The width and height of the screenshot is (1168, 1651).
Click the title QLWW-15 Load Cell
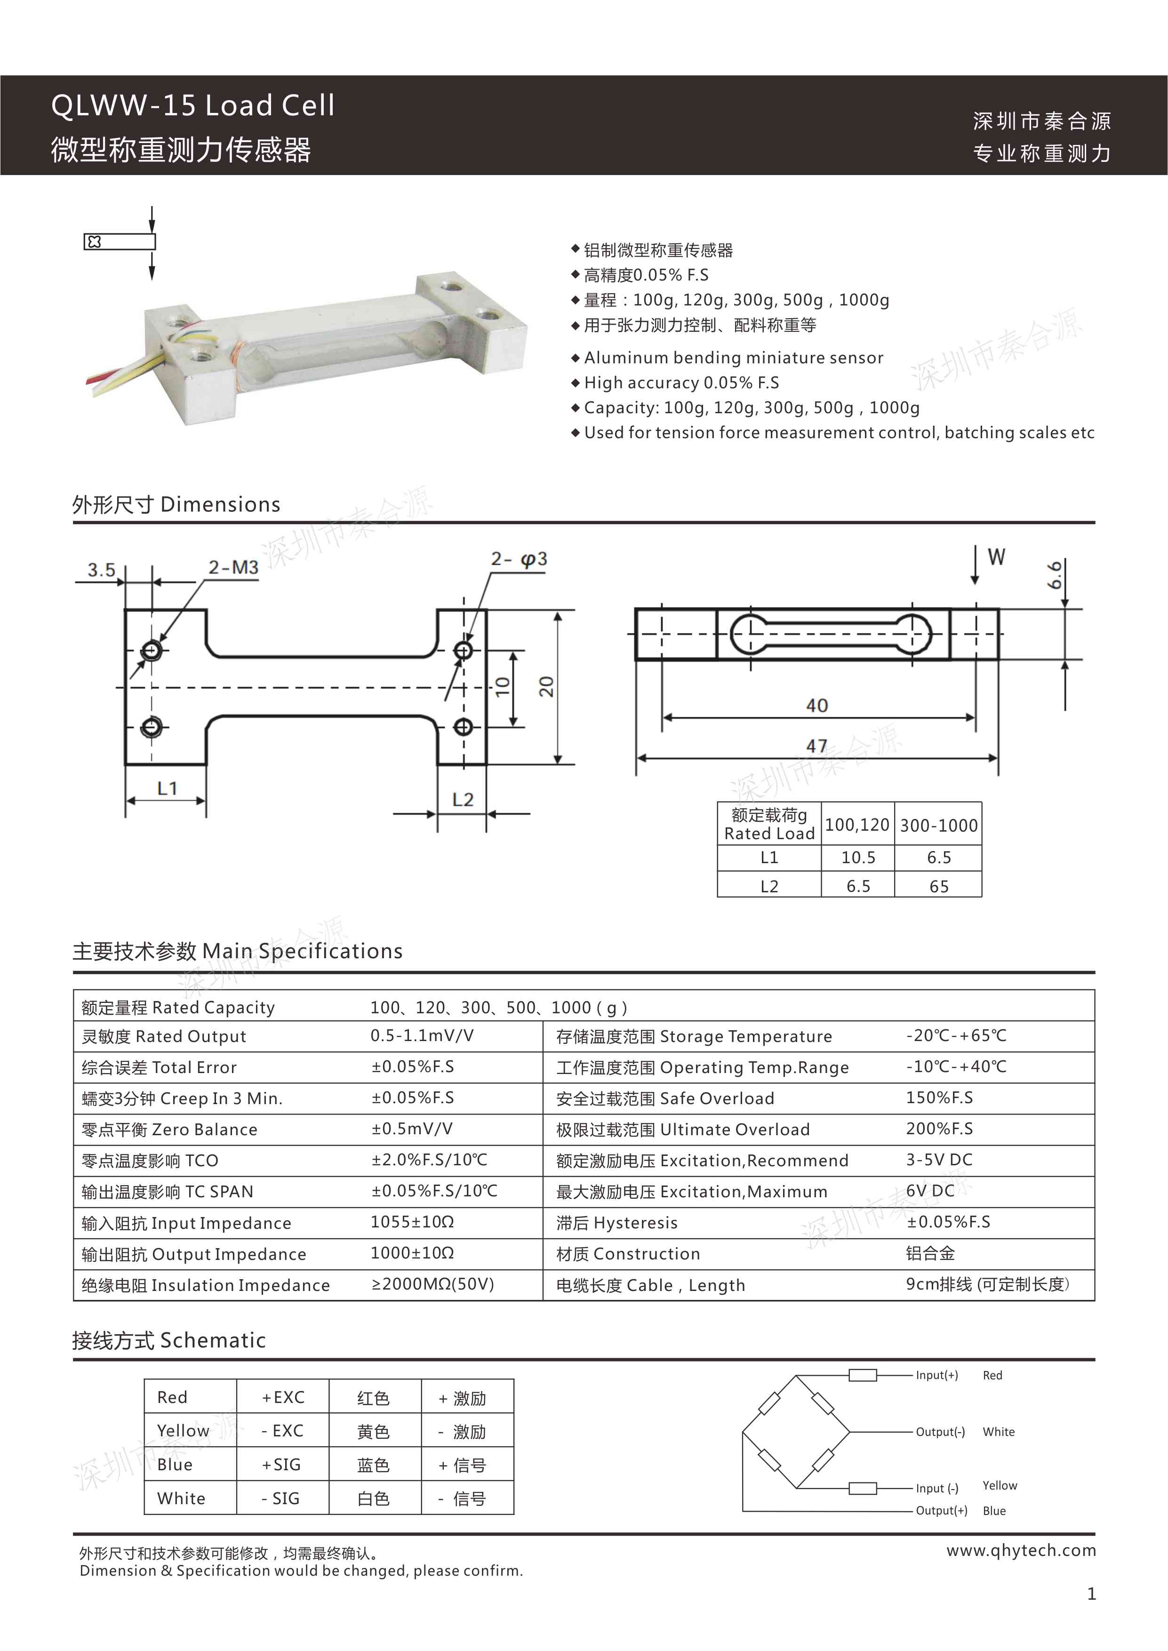[193, 106]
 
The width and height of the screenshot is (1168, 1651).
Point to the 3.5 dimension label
[101, 570]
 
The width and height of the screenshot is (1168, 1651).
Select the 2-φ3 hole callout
[519, 560]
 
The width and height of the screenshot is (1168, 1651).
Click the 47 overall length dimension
[816, 745]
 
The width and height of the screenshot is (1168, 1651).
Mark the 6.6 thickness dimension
[1055, 575]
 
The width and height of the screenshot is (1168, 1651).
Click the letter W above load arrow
[996, 557]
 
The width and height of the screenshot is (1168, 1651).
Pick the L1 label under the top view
[167, 788]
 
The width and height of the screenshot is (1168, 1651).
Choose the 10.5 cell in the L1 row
[858, 858]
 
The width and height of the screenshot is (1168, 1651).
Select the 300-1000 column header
[938, 825]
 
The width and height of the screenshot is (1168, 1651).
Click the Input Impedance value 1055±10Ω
[412, 1222]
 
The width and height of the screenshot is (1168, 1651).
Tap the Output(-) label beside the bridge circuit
[940, 1432]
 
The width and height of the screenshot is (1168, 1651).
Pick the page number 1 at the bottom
[1091, 1594]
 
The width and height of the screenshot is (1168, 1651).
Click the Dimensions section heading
[176, 505]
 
